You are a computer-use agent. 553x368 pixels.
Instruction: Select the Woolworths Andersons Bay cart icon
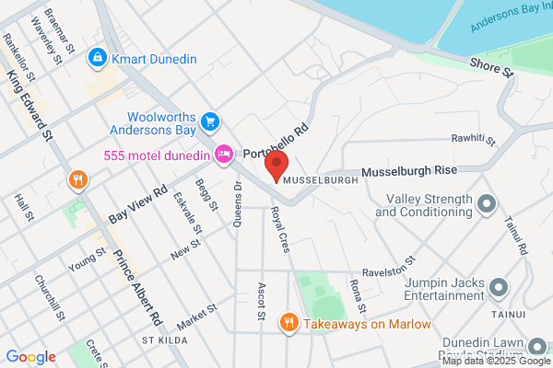click(x=210, y=121)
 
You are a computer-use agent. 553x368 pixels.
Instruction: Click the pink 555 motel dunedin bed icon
click(x=222, y=154)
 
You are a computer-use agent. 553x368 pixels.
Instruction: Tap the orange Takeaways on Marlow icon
click(x=289, y=322)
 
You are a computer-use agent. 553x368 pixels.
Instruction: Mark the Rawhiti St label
click(x=473, y=140)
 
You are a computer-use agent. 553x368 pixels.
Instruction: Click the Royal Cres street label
click(x=280, y=229)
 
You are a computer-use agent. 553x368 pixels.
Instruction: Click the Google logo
click(x=30, y=356)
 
